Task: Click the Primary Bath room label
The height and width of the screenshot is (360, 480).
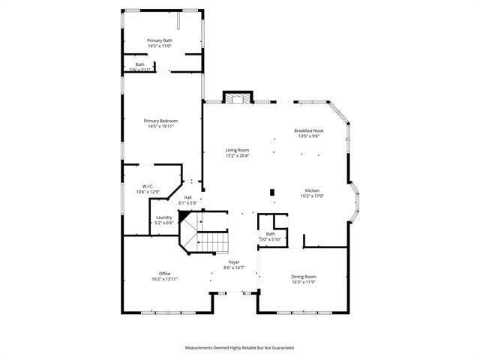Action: coord(160,40)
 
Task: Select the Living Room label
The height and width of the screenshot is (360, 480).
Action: coord(238,150)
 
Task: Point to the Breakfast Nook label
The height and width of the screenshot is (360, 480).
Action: coord(309,130)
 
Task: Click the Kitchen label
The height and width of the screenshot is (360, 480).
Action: coord(312,190)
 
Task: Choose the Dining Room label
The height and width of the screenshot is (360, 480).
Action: coord(304,277)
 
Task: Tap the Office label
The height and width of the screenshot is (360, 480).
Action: coord(164,273)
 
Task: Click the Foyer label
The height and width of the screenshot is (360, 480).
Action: coord(234,262)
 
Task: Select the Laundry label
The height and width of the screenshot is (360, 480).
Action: coord(164,217)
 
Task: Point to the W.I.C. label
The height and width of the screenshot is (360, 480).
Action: coord(148,186)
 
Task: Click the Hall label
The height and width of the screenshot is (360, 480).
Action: coord(187,197)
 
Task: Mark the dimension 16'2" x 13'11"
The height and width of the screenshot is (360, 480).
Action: coord(164,279)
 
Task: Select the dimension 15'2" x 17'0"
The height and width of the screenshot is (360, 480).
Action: coord(310,196)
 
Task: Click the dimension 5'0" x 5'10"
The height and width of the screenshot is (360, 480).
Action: coord(270,239)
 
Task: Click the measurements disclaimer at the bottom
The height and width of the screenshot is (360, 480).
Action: coord(240,347)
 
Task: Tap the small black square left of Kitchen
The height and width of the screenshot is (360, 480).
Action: coord(272,192)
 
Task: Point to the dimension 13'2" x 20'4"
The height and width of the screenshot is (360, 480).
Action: coord(238,156)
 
